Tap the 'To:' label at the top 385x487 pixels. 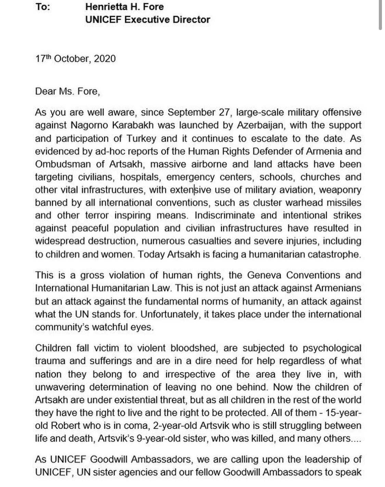tap(43, 6)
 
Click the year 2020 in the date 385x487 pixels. tap(105, 58)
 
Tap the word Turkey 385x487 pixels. tap(142, 138)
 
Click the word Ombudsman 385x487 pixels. tap(63, 164)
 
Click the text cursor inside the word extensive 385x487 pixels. tap(195, 190)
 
